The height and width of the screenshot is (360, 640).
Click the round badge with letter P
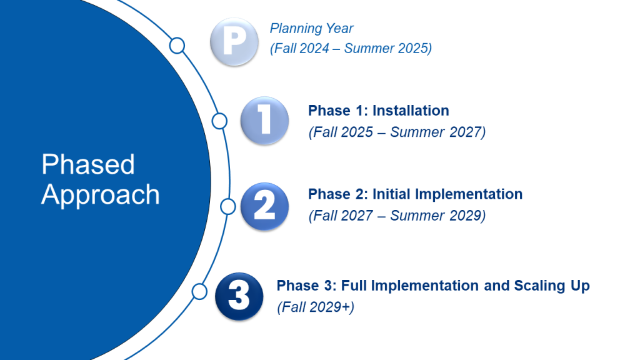click(x=233, y=42)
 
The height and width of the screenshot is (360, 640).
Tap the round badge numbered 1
click(x=264, y=120)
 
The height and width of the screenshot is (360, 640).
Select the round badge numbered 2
click(x=264, y=206)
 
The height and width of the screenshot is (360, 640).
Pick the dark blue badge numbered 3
click(x=238, y=297)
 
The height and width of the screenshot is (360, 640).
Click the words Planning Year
click(x=311, y=29)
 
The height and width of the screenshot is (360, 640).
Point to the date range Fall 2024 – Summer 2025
click(x=351, y=49)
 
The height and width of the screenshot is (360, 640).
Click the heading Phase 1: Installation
click(x=378, y=111)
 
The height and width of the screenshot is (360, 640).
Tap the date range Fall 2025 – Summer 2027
click(x=397, y=132)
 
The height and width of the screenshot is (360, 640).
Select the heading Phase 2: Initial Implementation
click(x=415, y=194)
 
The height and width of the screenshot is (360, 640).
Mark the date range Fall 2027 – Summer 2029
click(x=397, y=216)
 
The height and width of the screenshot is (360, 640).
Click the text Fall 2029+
click(x=316, y=307)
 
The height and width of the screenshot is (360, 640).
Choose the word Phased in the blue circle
click(x=88, y=165)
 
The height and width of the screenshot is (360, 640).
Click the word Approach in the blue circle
click(x=101, y=195)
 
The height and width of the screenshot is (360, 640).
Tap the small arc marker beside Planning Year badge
click(x=177, y=45)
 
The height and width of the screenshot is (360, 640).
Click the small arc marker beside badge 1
click(x=219, y=121)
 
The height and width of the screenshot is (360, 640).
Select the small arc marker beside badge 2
click(x=228, y=206)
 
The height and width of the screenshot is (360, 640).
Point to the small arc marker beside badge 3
click(x=199, y=291)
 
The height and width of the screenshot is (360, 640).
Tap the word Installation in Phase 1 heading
click(x=411, y=111)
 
